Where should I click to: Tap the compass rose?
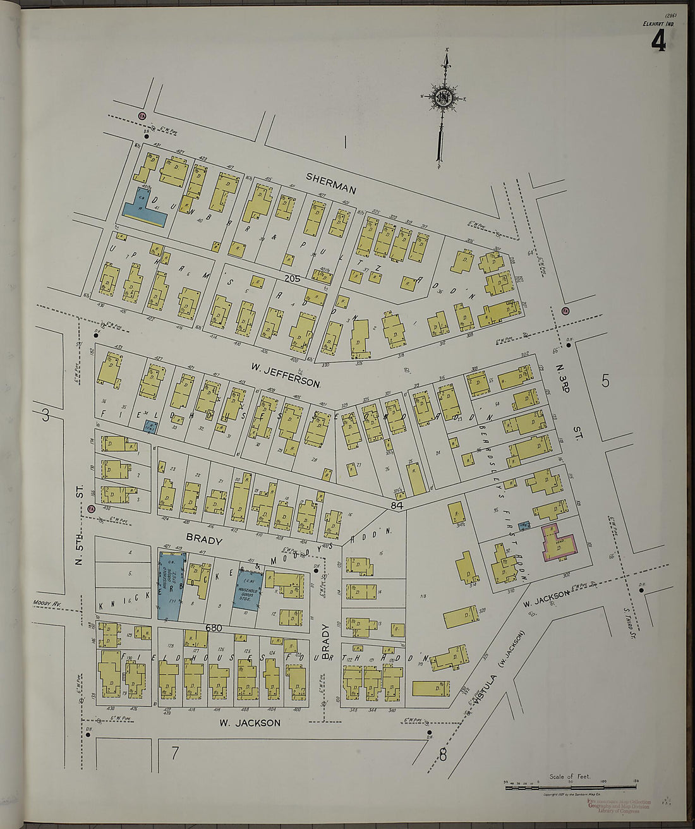tap(441, 98)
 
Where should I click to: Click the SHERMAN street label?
tap(331, 183)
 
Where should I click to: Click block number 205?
tap(291, 277)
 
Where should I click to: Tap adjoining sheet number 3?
tap(45, 415)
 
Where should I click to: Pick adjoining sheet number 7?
tap(174, 752)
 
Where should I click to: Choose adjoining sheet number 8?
tap(442, 753)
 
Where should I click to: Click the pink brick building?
tap(559, 543)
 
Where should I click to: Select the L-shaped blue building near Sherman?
tap(143, 209)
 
